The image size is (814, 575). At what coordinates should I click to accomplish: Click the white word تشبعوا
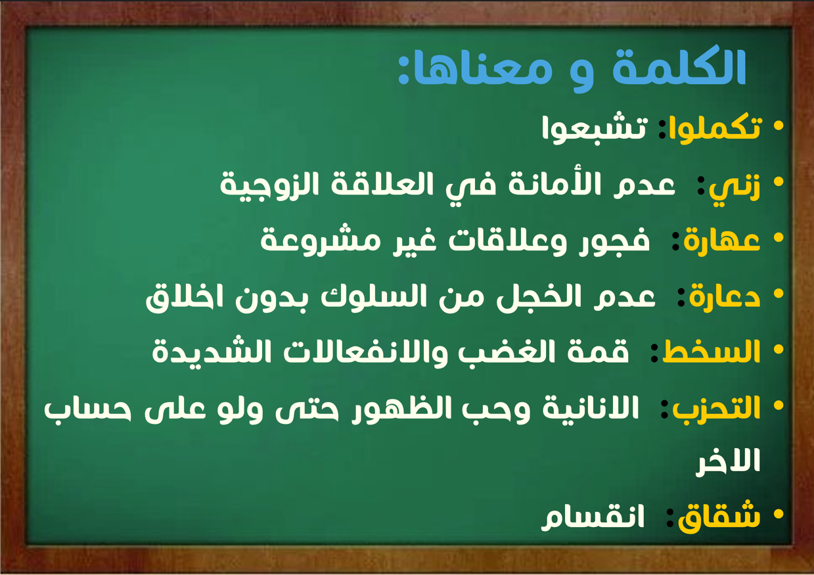click(595, 129)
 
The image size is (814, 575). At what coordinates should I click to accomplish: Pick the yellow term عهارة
click(722, 241)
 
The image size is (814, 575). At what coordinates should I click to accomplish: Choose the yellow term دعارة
click(725, 296)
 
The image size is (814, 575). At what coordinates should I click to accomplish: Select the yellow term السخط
click(712, 352)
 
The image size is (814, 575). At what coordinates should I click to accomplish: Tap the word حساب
click(87, 409)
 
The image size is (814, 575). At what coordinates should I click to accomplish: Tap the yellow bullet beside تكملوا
click(779, 126)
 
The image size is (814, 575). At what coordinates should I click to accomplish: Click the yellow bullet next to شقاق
click(779, 515)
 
